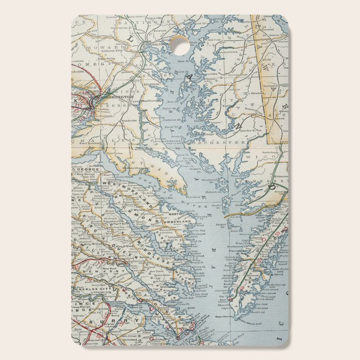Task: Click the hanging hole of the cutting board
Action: tap(179, 45)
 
